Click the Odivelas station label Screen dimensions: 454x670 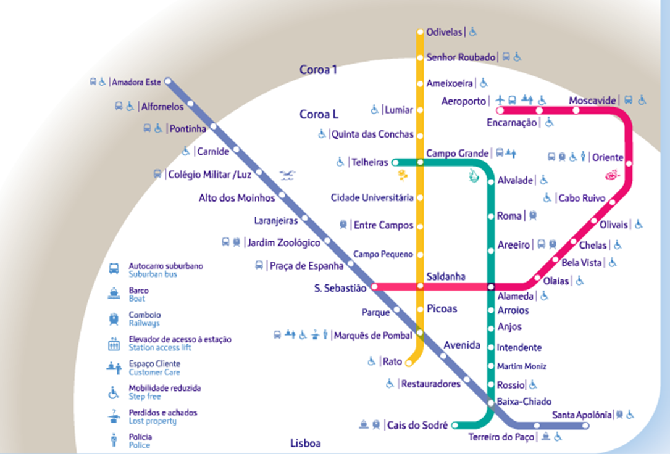443,31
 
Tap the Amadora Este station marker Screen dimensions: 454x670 167,81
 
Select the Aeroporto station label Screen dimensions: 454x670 464,101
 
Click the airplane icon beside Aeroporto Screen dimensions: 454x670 501,100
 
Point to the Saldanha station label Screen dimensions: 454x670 446,276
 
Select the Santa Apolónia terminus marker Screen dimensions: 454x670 586,426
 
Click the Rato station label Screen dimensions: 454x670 392,361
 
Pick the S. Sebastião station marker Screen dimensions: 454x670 374,287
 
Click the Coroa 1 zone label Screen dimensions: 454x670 319,70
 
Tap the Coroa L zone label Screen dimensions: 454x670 319,114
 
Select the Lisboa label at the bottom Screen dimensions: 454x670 305,443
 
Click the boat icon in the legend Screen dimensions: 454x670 114,294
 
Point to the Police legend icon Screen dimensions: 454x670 113,440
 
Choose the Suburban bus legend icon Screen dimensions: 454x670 114,270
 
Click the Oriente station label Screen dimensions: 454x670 608,157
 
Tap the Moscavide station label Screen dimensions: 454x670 593,100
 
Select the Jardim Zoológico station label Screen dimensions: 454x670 283,242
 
